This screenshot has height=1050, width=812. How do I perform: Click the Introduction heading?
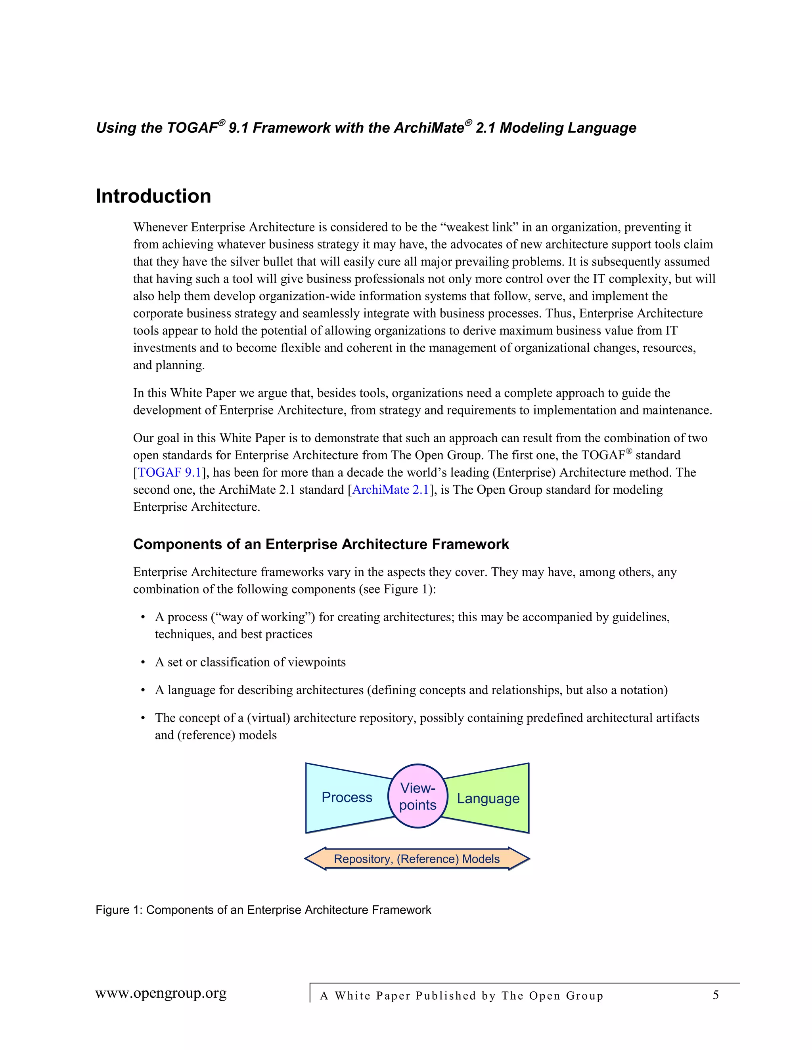tap(153, 196)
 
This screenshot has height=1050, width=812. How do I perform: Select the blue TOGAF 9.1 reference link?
tap(169, 473)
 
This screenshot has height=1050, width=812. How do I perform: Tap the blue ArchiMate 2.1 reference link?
tap(390, 490)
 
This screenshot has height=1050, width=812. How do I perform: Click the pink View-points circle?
tap(417, 796)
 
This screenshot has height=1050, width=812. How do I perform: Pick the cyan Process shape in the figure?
tap(347, 797)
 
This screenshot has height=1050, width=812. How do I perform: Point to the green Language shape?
tap(488, 798)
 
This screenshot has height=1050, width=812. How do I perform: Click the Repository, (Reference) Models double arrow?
tap(417, 859)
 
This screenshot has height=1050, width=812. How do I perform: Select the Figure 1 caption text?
tap(263, 910)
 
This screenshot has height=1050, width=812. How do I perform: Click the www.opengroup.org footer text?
tap(161, 993)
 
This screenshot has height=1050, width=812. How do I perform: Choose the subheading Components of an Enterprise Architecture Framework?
tap(321, 544)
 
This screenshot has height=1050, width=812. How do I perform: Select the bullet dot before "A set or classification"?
tap(143, 662)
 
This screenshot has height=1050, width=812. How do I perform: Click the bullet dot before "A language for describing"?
tap(143, 690)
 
